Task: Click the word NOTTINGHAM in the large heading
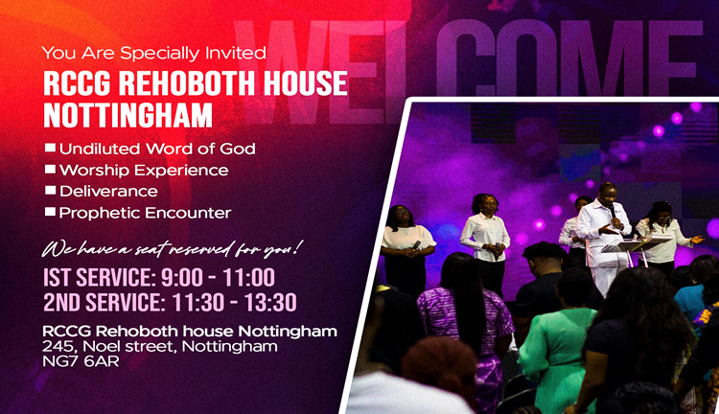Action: click(x=128, y=115)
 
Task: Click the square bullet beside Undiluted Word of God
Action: click(x=50, y=149)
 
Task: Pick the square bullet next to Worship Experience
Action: click(x=50, y=170)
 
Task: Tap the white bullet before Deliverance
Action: click(x=50, y=191)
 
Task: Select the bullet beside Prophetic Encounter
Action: click(x=50, y=212)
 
